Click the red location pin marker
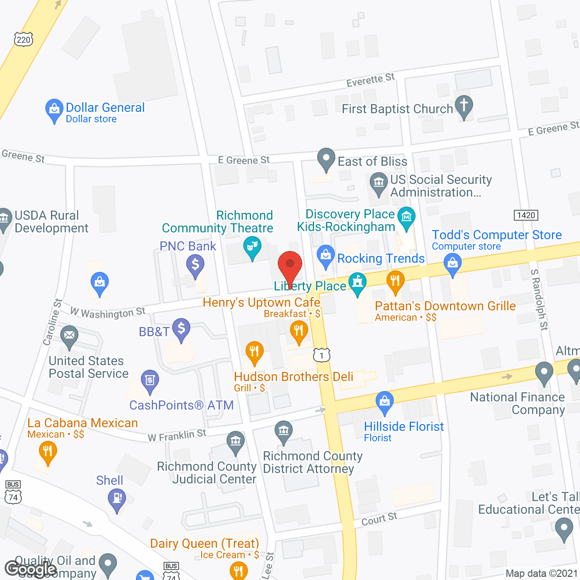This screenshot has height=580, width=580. point(290,265)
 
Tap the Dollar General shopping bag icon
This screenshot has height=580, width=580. point(54,109)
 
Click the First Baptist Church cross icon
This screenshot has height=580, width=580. point(464,106)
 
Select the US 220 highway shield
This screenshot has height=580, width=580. point(24,39)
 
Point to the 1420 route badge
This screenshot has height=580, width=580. point(526,215)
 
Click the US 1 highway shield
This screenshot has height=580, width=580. point(322,355)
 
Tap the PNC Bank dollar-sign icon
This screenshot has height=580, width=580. point(195,264)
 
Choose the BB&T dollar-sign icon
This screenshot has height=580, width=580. point(181,328)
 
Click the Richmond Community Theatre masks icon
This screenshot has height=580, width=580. point(252,247)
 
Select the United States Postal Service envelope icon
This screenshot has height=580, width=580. point(69,336)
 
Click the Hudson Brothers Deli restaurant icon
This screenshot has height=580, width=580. point(254,352)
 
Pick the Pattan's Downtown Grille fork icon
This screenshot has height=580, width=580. point(395,281)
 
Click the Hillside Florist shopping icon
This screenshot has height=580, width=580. point(384,401)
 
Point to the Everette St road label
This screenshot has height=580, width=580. point(370,80)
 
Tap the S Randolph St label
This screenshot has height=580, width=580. point(539,300)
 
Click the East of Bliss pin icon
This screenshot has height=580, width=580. point(326,159)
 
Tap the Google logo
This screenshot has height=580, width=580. point(31,569)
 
